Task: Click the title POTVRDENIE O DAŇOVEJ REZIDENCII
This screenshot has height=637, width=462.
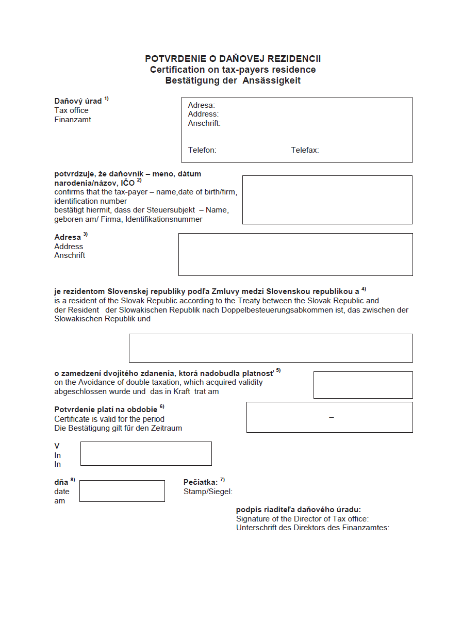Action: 233,59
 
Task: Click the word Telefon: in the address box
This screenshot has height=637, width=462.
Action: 202,150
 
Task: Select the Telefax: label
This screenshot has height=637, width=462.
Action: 305,150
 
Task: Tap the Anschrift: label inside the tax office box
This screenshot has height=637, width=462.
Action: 204,123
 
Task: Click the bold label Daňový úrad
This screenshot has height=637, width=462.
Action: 78,101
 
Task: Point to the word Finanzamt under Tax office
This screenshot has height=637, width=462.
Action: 73,120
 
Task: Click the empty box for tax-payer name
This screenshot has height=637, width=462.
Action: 327,200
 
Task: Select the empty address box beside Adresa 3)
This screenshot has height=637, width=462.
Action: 295,254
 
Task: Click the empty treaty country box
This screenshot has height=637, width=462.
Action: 271,348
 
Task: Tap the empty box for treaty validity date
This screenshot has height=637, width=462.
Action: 363,385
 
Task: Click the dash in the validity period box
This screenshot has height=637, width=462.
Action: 332,417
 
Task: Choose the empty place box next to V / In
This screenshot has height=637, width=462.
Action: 146,453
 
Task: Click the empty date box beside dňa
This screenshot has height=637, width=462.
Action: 122,491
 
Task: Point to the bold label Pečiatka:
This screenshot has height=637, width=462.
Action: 201,482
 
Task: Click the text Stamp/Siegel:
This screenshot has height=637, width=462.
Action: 208,492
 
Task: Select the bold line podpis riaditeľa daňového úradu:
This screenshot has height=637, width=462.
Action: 299,510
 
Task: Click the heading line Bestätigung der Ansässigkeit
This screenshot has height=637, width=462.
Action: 233,80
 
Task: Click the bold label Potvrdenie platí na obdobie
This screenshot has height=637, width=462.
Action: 106,410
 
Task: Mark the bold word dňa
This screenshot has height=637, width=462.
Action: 61,482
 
